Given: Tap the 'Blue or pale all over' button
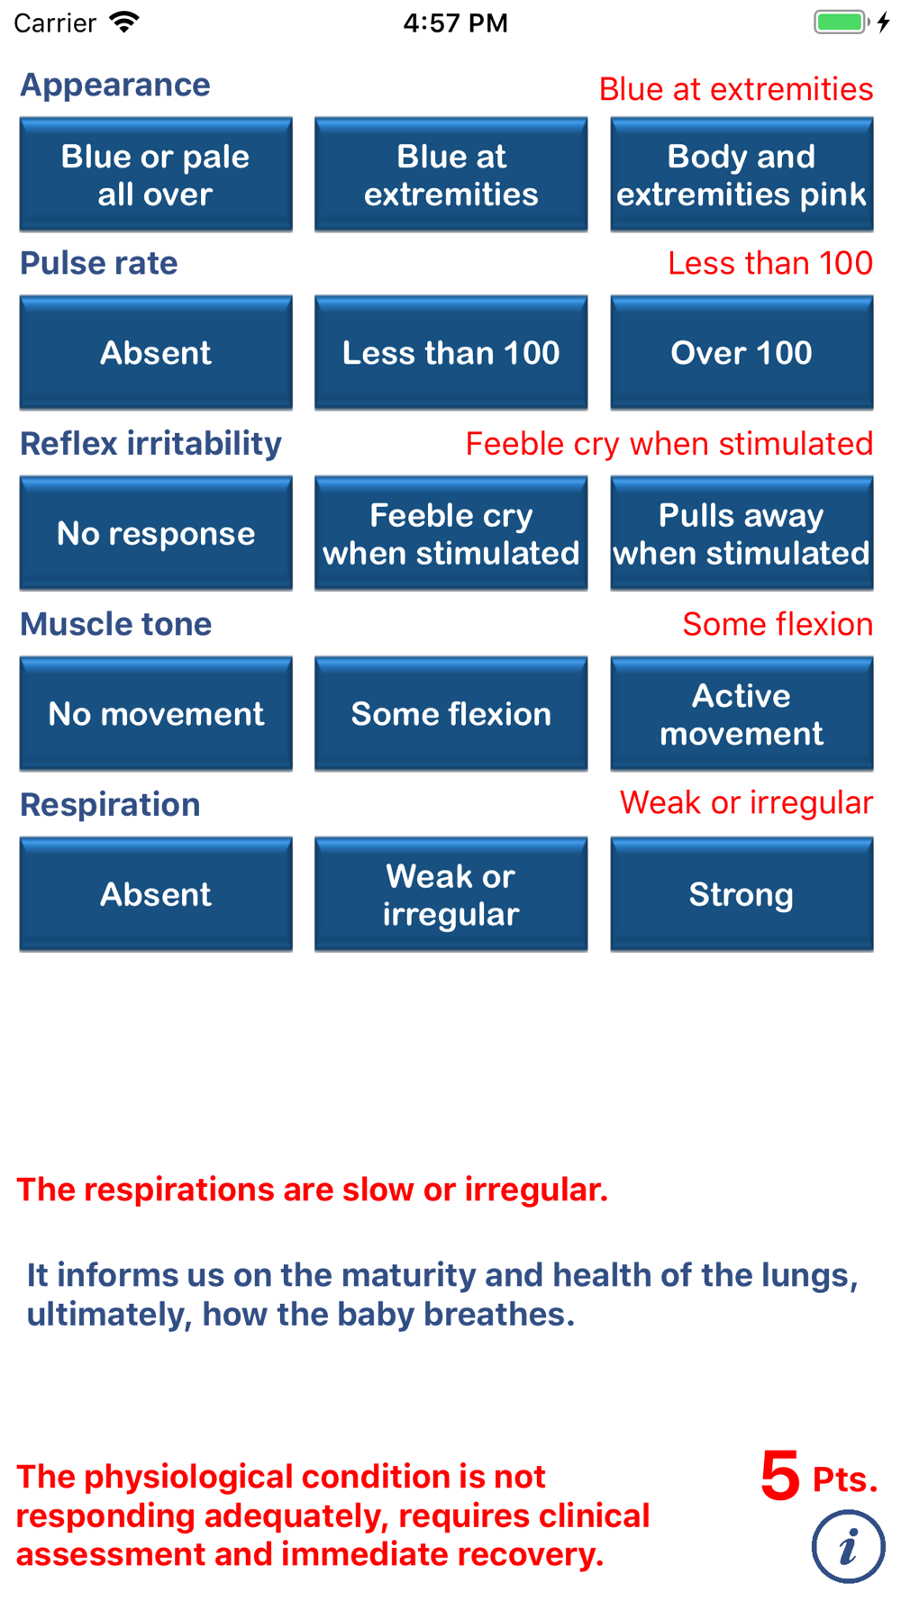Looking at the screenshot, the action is click(x=156, y=175).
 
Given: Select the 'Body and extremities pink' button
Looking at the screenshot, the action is click(x=742, y=175).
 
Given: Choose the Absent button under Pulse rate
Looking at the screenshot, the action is click(x=156, y=353).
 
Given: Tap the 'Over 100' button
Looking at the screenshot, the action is click(x=742, y=353).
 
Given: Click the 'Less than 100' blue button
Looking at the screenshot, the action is click(x=450, y=353).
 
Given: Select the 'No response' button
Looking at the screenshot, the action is click(x=156, y=534).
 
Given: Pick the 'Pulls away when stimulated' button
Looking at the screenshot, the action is click(x=742, y=534).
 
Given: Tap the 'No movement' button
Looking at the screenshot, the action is click(x=156, y=714).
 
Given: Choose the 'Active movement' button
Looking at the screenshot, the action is click(x=742, y=714).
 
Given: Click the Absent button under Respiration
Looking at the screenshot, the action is click(x=156, y=895).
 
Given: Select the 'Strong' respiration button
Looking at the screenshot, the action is click(x=742, y=895).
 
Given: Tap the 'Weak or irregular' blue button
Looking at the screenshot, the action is click(x=450, y=895).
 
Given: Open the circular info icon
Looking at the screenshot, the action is click(x=848, y=1547).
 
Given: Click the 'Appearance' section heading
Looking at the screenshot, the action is click(x=115, y=86).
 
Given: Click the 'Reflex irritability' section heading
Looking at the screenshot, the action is click(x=150, y=444).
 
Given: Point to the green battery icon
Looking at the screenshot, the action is click(x=842, y=22).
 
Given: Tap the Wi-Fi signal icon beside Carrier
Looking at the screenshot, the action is click(x=124, y=22).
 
